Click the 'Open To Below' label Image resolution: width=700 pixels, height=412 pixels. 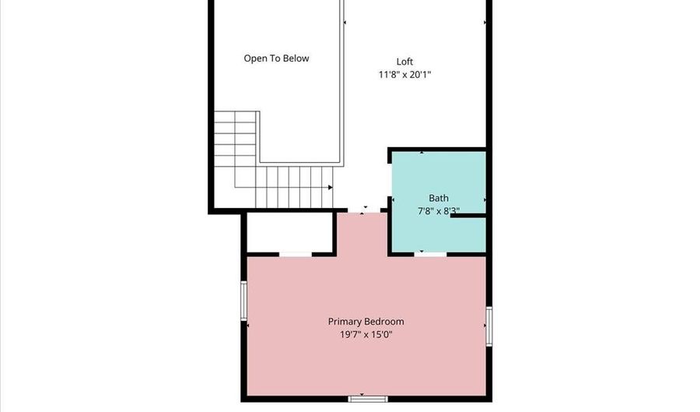(x=276, y=58)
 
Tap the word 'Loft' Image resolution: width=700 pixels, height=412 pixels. (x=404, y=62)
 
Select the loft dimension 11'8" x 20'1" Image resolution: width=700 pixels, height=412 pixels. (x=404, y=75)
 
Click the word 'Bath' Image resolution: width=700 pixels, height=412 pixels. (x=439, y=199)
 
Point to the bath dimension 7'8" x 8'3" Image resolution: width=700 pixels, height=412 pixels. (x=439, y=210)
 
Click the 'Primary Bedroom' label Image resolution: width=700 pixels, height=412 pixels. (x=366, y=322)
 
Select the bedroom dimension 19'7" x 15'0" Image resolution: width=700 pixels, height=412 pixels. (x=366, y=335)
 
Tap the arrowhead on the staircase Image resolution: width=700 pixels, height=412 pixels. (x=331, y=188)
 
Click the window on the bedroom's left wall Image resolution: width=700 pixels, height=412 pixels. (x=244, y=301)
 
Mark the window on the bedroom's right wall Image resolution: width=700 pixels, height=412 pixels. (x=489, y=325)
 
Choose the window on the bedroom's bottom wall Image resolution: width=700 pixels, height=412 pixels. (x=368, y=399)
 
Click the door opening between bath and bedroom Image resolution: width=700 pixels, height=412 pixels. (x=430, y=254)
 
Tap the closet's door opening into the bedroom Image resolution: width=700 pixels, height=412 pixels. (x=296, y=254)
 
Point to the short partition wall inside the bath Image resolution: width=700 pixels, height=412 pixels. (x=468, y=216)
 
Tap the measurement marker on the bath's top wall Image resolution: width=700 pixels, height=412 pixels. (x=422, y=152)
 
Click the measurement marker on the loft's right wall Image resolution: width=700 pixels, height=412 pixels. (x=486, y=23)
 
